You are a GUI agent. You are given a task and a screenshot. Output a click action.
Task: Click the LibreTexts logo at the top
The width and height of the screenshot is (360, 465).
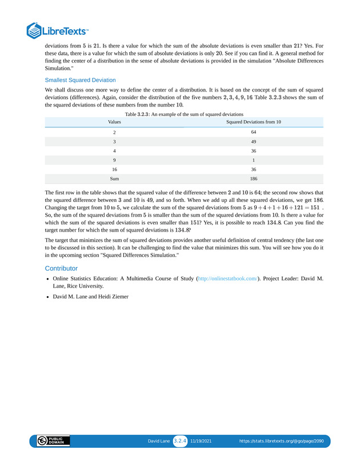pyautogui.click(x=57, y=30)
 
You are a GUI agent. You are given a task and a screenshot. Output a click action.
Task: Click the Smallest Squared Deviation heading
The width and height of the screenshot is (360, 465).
pyautogui.click(x=80, y=80)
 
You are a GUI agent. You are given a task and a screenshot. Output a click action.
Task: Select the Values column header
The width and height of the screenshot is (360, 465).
pyautogui.click(x=114, y=122)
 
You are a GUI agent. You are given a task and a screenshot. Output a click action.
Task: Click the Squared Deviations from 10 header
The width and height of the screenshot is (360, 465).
pyautogui.click(x=253, y=122)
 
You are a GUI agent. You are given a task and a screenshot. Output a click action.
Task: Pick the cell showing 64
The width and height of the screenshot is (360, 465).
pyautogui.click(x=253, y=132)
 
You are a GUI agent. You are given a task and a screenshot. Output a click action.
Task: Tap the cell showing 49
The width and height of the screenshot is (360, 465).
pyautogui.click(x=253, y=141)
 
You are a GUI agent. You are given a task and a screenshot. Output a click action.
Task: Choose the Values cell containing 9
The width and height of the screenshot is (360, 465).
pyautogui.click(x=114, y=160)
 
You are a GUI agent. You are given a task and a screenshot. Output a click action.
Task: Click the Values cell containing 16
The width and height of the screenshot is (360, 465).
pyautogui.click(x=114, y=169)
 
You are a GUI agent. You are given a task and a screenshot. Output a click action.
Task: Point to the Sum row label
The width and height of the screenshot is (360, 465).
pyautogui.click(x=114, y=178)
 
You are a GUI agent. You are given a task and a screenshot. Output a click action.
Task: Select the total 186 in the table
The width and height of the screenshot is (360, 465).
pyautogui.click(x=253, y=178)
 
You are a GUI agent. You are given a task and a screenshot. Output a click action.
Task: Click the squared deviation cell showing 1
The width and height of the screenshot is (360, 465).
pyautogui.click(x=253, y=160)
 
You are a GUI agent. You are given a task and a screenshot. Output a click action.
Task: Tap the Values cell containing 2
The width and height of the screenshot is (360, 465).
pyautogui.click(x=114, y=132)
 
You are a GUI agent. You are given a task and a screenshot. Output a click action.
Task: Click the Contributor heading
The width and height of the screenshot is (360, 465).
pyautogui.click(x=61, y=268)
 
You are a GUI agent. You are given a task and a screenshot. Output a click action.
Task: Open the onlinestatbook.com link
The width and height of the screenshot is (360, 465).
pyautogui.click(x=227, y=279)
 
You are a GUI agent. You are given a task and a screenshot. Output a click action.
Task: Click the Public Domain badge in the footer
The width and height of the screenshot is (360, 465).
pyautogui.click(x=53, y=441)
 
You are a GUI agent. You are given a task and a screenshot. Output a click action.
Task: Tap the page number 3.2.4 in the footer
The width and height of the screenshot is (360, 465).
pyautogui.click(x=180, y=441)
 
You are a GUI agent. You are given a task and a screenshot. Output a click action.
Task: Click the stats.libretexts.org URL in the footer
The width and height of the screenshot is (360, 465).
pyautogui.click(x=285, y=442)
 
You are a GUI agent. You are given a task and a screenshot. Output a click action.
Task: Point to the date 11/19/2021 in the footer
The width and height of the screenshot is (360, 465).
pyautogui.click(x=201, y=442)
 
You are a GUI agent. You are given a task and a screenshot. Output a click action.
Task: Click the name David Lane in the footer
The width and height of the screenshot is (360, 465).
pyautogui.click(x=159, y=442)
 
